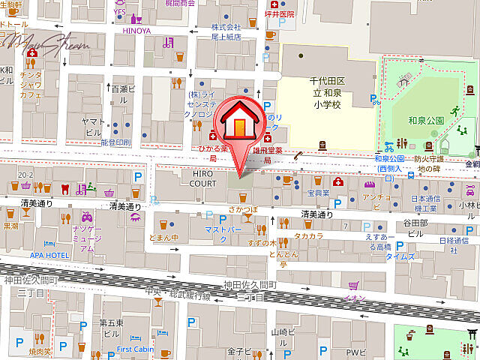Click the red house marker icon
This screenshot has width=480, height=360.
(238, 122)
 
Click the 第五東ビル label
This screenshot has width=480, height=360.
(109, 327)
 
